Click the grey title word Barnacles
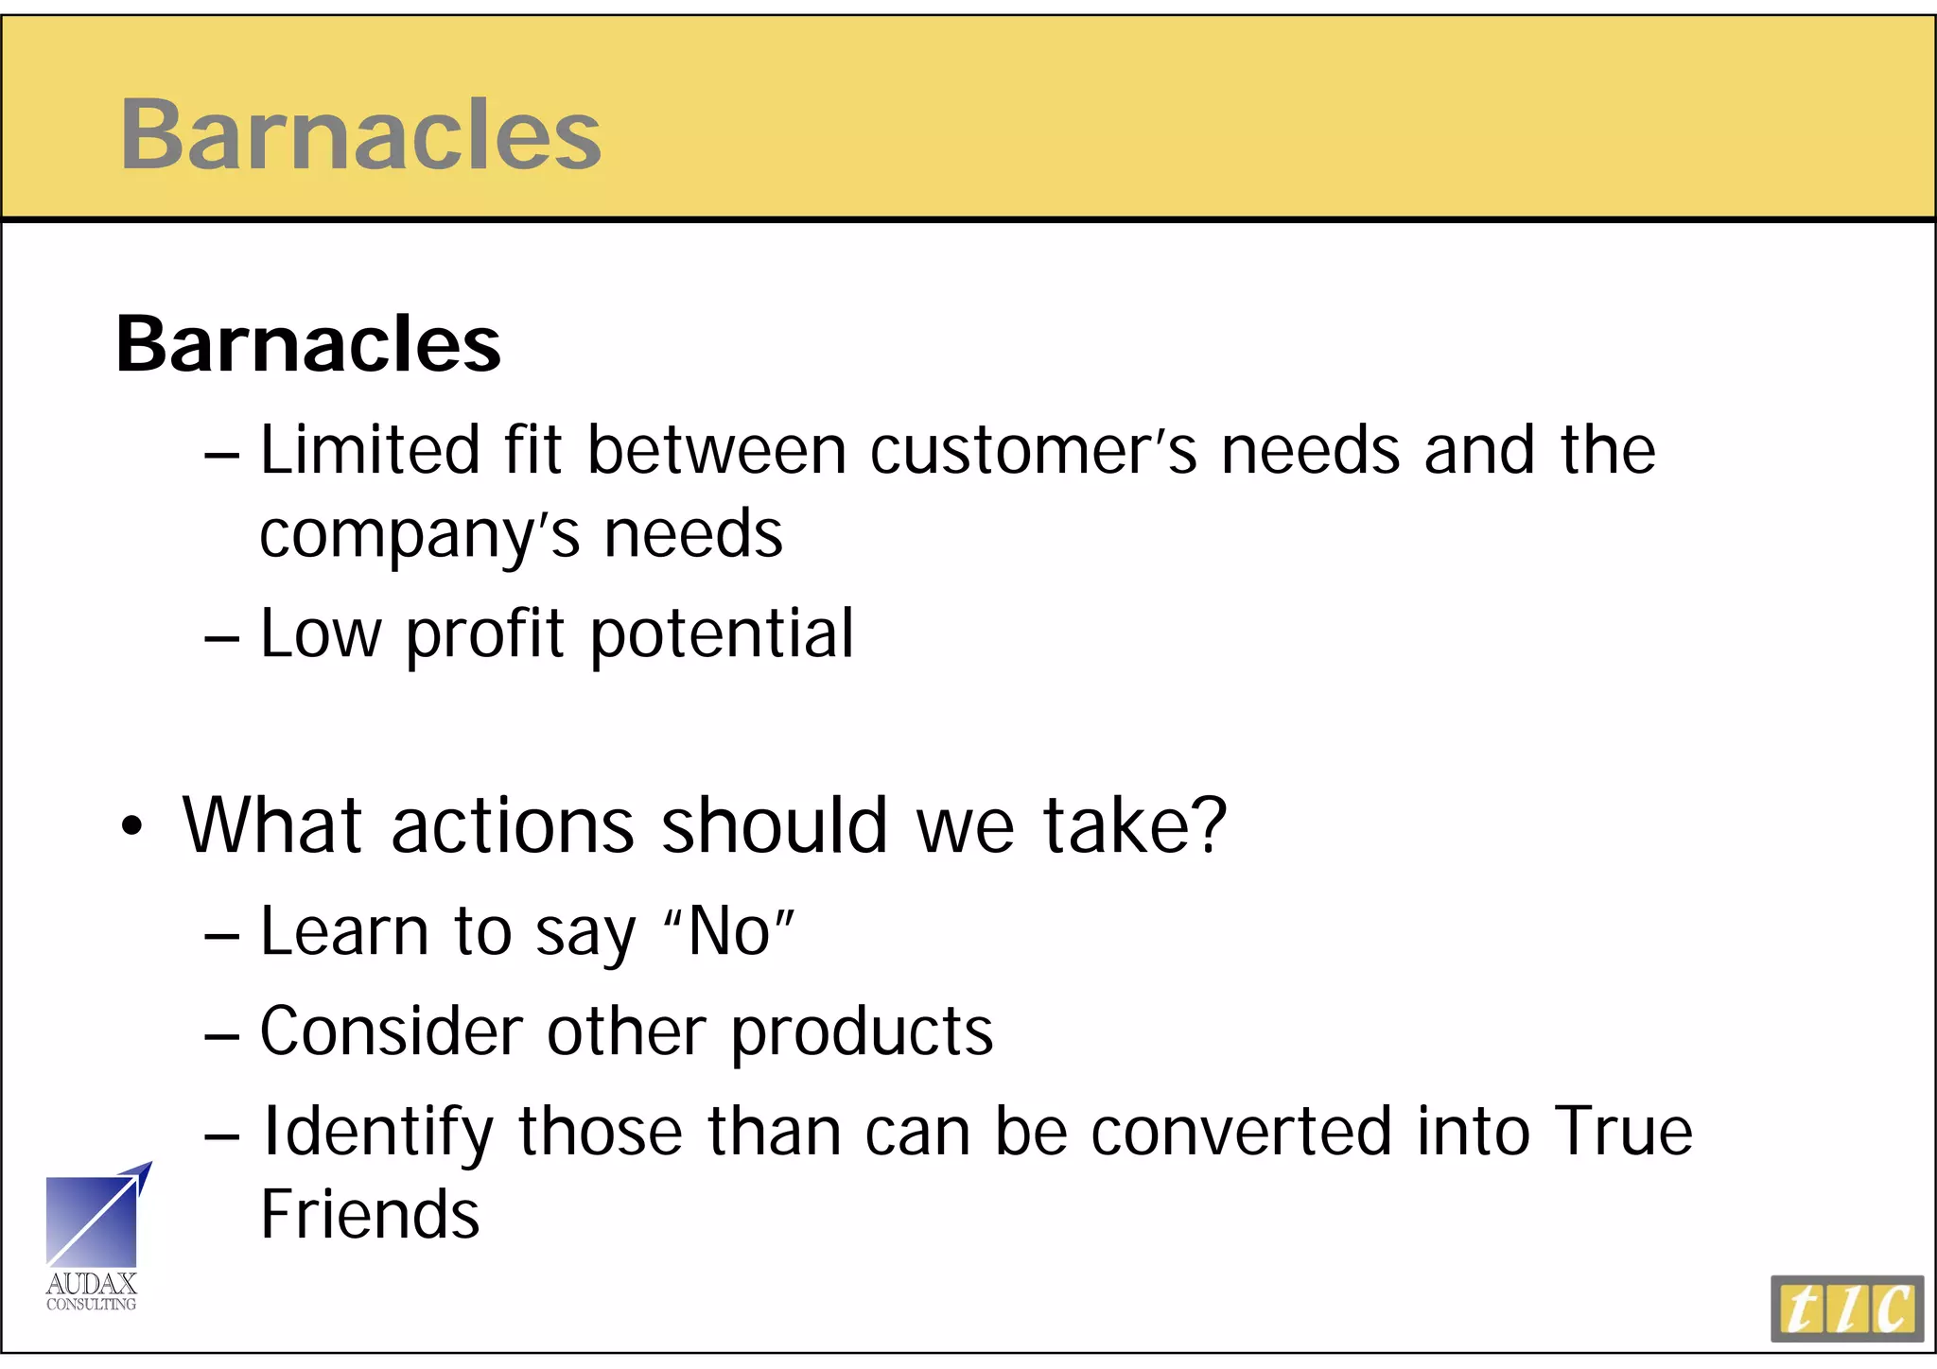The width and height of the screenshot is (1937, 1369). pos(360,134)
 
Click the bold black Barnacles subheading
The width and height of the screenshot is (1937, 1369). pos(308,344)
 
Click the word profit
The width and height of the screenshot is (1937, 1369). pos(485,635)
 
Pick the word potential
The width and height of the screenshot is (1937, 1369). pos(723,635)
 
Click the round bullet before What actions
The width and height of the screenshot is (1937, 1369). pos(132,827)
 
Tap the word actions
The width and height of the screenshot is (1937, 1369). pos(513,825)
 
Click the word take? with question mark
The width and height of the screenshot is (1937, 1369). pos(1135,825)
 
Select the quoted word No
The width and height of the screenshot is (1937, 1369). pos(729,932)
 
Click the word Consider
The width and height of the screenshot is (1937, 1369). pos(391,1031)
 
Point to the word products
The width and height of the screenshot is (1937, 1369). pos(862,1032)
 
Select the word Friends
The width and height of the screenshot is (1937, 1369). pos(370,1215)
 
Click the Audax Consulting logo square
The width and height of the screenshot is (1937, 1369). pos(93,1221)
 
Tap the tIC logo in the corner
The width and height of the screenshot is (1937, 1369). pos(1846,1308)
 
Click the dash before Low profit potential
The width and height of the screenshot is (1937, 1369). pos(221,639)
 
